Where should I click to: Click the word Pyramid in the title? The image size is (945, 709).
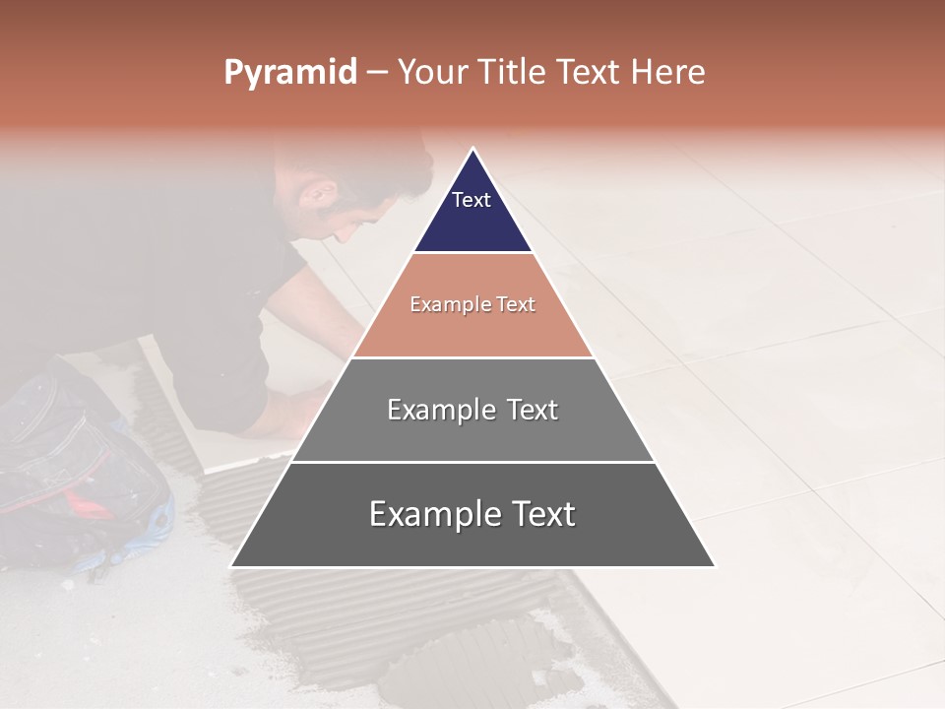290,73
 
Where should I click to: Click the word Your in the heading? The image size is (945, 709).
433,73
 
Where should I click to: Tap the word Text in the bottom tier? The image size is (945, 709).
537,514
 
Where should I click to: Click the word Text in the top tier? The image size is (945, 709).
472,200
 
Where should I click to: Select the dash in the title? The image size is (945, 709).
376,73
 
